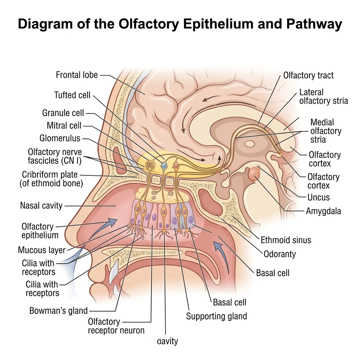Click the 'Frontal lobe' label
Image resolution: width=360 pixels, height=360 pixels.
coord(77,75)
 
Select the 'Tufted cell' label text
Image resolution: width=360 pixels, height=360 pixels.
coord(72,95)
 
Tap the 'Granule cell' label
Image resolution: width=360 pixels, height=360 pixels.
coord(63,113)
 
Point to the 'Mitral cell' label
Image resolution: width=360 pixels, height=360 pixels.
coord(64,126)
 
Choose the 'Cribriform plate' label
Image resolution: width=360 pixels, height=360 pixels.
coord(50,174)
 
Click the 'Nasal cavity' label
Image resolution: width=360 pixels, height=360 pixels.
coord(41,205)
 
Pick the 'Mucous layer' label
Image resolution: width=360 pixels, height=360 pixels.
coord(42,250)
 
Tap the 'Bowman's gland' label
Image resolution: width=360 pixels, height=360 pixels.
coord(58,311)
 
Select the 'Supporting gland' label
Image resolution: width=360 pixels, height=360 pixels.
coord(216,316)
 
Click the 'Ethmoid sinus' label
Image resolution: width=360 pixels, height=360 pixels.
coord(286,240)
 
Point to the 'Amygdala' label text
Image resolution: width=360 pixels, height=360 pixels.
coord(323,211)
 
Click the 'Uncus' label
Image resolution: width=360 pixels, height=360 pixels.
coord(318,197)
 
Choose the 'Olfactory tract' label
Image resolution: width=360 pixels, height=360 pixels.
coord(308,75)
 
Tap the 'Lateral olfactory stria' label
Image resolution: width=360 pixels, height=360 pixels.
coord(323,97)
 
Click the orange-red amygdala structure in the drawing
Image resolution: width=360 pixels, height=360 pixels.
coord(254,173)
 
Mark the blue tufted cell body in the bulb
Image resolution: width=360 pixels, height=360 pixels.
coord(163,165)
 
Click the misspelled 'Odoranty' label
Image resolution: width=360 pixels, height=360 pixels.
coord(279,253)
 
